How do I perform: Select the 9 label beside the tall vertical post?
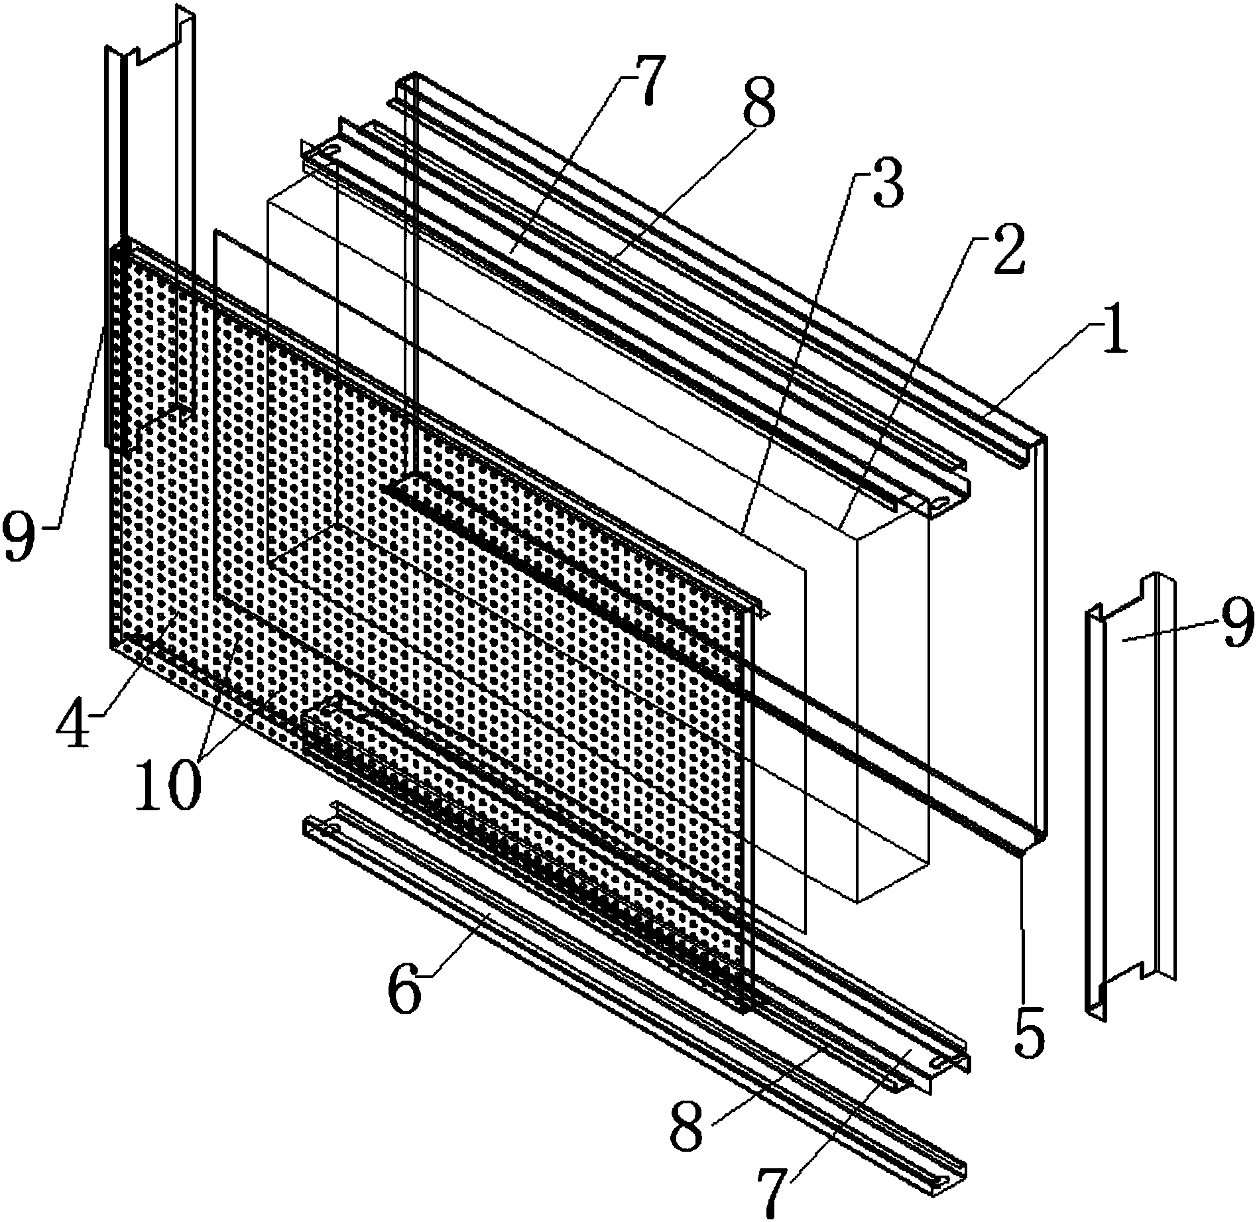(21, 530)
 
